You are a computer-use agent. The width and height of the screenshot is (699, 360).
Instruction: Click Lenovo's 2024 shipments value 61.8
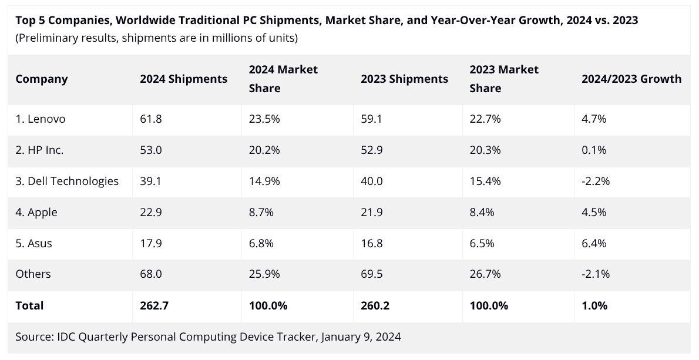tap(150, 119)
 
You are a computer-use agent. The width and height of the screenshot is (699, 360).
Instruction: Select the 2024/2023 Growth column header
tap(631, 79)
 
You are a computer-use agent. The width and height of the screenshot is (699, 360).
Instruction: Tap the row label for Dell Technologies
tap(67, 181)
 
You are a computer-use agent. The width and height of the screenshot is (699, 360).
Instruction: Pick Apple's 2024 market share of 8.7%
tap(261, 212)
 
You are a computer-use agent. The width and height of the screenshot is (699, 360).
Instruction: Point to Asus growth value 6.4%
tap(594, 243)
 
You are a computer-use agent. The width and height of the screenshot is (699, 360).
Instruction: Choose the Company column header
tap(42, 79)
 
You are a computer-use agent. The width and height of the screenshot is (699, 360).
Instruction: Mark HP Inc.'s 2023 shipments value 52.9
tap(371, 150)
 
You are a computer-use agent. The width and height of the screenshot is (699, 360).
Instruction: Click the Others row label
tap(33, 274)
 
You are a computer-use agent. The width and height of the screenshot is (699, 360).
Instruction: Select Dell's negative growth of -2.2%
tap(596, 181)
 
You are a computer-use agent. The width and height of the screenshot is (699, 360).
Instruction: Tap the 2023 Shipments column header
tap(404, 79)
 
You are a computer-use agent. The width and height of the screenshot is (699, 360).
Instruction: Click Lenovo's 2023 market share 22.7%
tap(485, 119)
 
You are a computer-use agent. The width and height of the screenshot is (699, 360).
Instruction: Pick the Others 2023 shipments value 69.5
tap(371, 274)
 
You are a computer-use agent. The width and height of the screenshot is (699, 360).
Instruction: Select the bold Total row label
tap(29, 305)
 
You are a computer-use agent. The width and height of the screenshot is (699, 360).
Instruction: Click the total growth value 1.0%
tap(594, 305)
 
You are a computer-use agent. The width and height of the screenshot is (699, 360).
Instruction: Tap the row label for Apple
tap(36, 212)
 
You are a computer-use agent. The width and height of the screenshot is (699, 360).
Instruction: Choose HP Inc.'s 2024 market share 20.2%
tap(264, 150)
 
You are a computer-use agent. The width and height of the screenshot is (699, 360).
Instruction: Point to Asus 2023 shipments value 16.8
tap(371, 243)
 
